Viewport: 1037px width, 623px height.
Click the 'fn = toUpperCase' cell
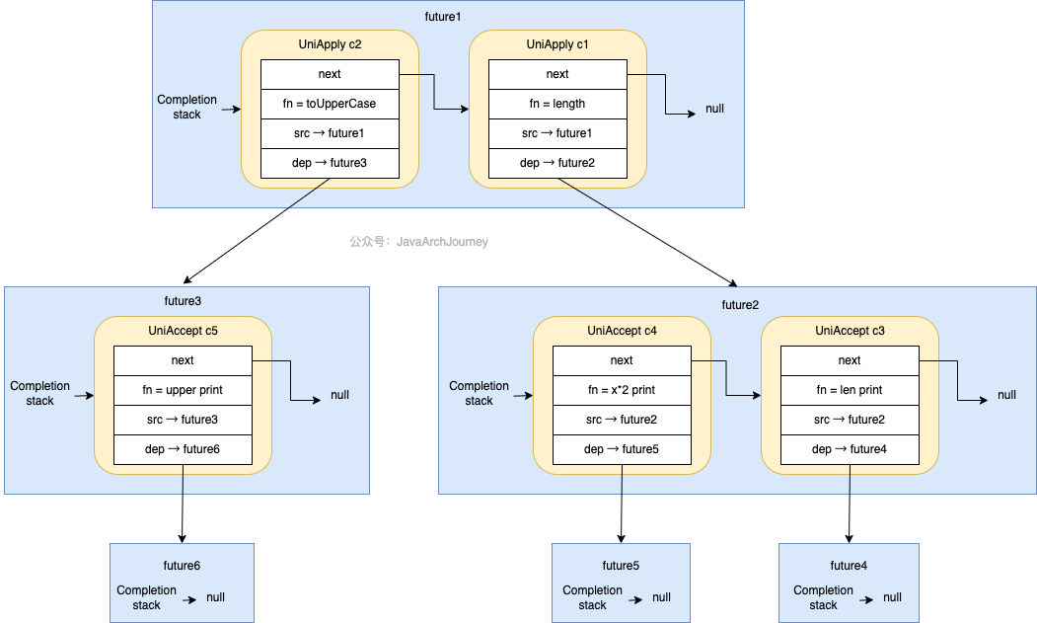pyautogui.click(x=330, y=104)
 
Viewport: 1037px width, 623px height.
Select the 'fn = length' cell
pyautogui.click(x=556, y=104)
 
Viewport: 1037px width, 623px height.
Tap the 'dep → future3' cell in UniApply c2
pyautogui.click(x=330, y=163)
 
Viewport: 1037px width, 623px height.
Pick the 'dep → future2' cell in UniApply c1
pyautogui.click(x=556, y=163)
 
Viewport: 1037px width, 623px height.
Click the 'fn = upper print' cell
pyautogui.click(x=183, y=390)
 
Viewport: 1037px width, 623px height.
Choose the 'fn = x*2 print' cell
pyautogui.click(x=621, y=390)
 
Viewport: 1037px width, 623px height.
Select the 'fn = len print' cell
pyautogui.click(x=849, y=390)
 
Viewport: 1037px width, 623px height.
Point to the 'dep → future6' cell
pyautogui.click(x=183, y=449)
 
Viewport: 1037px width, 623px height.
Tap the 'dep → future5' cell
pyautogui.click(x=621, y=449)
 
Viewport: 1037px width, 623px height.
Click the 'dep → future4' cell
pyautogui.click(x=849, y=449)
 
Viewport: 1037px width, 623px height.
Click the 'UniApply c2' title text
pyautogui.click(x=330, y=44)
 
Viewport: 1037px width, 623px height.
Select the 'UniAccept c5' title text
pyautogui.click(x=183, y=331)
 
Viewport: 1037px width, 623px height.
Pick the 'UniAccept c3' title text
pyautogui.click(x=849, y=331)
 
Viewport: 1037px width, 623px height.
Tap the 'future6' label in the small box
pyautogui.click(x=182, y=566)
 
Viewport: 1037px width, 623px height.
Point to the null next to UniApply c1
pyautogui.click(x=714, y=109)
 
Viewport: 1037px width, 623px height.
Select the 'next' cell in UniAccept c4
pyautogui.click(x=621, y=360)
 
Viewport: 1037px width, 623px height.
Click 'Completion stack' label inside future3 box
pyautogui.click(x=39, y=393)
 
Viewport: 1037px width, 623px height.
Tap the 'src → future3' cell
pyautogui.click(x=183, y=420)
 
